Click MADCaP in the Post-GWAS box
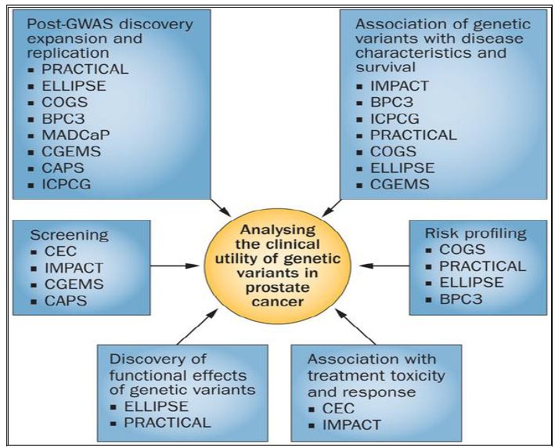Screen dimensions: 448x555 pyautogui.click(x=75, y=134)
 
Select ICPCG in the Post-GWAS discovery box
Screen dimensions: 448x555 pyautogui.click(x=68, y=185)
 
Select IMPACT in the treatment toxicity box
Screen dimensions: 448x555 pyautogui.click(x=351, y=425)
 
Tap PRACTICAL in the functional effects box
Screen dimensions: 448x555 pyautogui.click(x=168, y=422)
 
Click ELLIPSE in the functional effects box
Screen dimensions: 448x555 pyautogui.click(x=157, y=406)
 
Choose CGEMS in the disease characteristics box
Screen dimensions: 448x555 pyautogui.click(x=401, y=185)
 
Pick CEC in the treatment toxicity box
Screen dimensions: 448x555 pyautogui.click(x=337, y=409)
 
